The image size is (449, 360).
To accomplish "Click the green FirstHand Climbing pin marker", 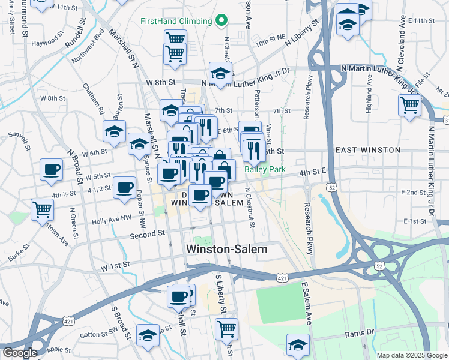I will (221, 21).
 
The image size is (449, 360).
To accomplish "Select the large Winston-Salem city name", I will (227, 248).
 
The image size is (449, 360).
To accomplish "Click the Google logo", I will (19, 353).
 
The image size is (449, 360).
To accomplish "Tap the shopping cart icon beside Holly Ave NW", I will (43, 210).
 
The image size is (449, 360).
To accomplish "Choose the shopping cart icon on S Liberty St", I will (226, 328).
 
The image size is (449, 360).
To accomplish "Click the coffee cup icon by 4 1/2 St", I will (124, 187).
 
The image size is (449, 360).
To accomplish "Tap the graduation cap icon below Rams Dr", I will (297, 345).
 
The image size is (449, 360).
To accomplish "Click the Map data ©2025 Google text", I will (411, 355).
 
